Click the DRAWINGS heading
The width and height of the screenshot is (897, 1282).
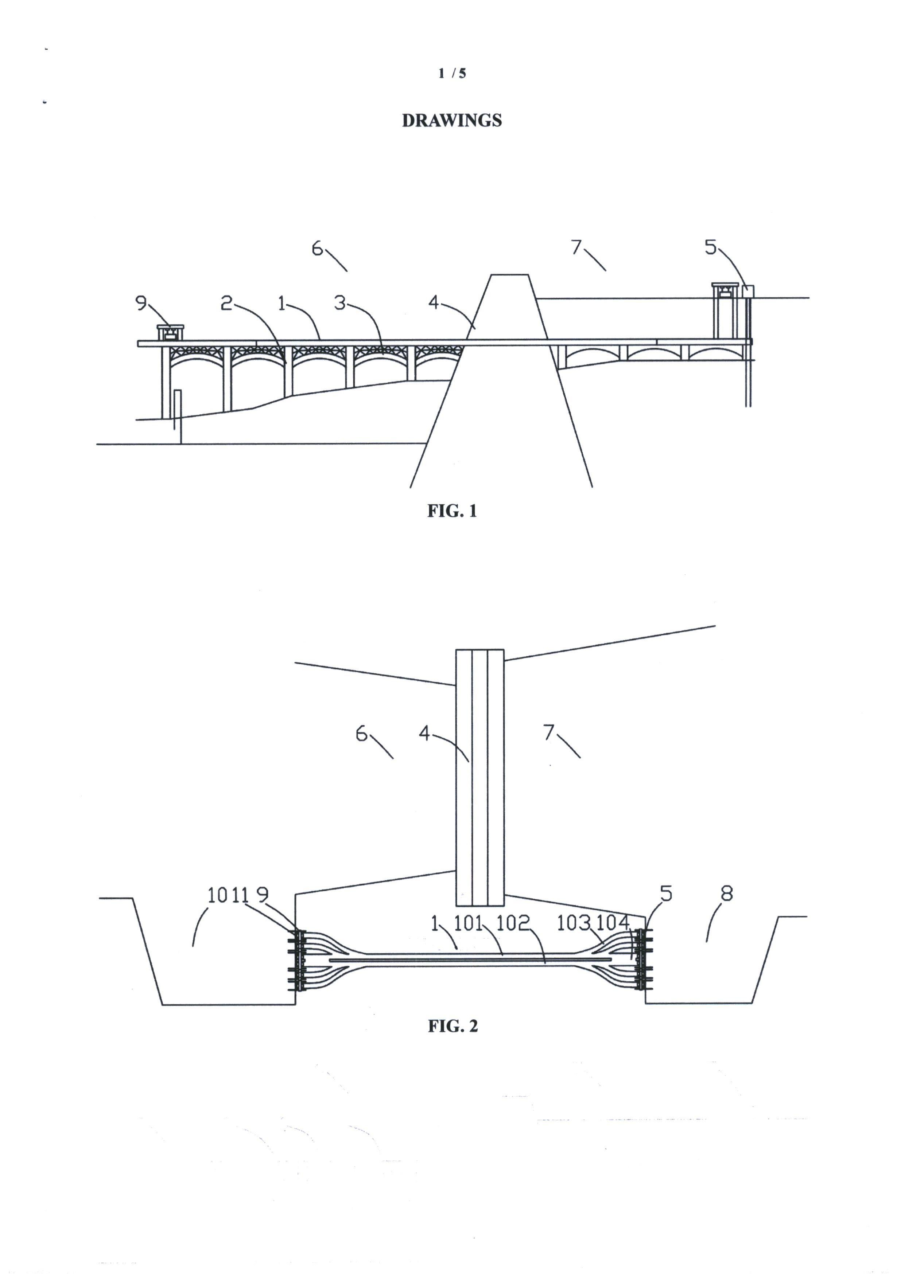(451, 121)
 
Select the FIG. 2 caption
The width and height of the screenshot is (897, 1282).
(453, 1026)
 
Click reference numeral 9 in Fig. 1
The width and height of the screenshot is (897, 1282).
(141, 302)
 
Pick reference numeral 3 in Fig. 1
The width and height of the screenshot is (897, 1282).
(339, 302)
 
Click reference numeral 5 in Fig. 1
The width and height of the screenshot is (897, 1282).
(710, 247)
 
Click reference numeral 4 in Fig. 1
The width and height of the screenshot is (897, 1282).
(434, 302)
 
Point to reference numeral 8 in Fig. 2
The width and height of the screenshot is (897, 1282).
(726, 894)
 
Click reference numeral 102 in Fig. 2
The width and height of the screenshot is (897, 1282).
(512, 923)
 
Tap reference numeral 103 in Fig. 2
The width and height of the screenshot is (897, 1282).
(573, 923)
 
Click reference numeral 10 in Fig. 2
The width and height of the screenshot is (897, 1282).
(217, 895)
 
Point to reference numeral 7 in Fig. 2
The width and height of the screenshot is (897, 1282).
(550, 732)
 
